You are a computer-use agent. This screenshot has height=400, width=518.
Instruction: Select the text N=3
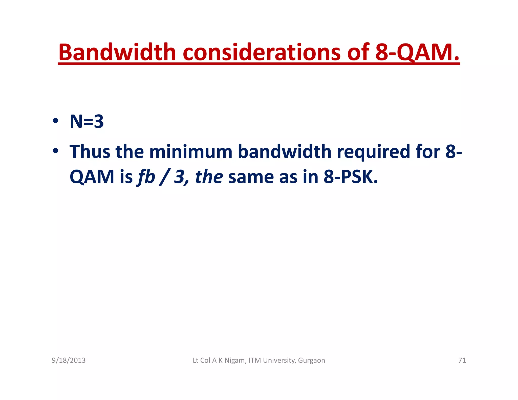[x=87, y=122]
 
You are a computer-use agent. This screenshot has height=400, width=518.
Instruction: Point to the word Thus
[x=90, y=152]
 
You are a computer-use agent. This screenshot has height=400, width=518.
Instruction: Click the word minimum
[x=191, y=152]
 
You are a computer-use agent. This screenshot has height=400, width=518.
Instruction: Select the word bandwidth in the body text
[x=285, y=152]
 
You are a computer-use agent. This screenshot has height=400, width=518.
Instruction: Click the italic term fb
[x=146, y=177]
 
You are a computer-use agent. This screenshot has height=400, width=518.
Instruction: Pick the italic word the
[x=209, y=177]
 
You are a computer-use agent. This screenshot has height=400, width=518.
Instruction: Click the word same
[x=251, y=177]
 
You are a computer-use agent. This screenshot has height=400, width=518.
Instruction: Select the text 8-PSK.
[x=351, y=177]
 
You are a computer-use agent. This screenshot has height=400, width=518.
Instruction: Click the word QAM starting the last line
[x=92, y=177]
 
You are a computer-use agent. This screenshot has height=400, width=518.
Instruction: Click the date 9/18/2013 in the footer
[x=69, y=360]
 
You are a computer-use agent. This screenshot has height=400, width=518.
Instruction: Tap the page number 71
[x=462, y=360]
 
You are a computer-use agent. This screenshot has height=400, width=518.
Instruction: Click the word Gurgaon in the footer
[x=311, y=360]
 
